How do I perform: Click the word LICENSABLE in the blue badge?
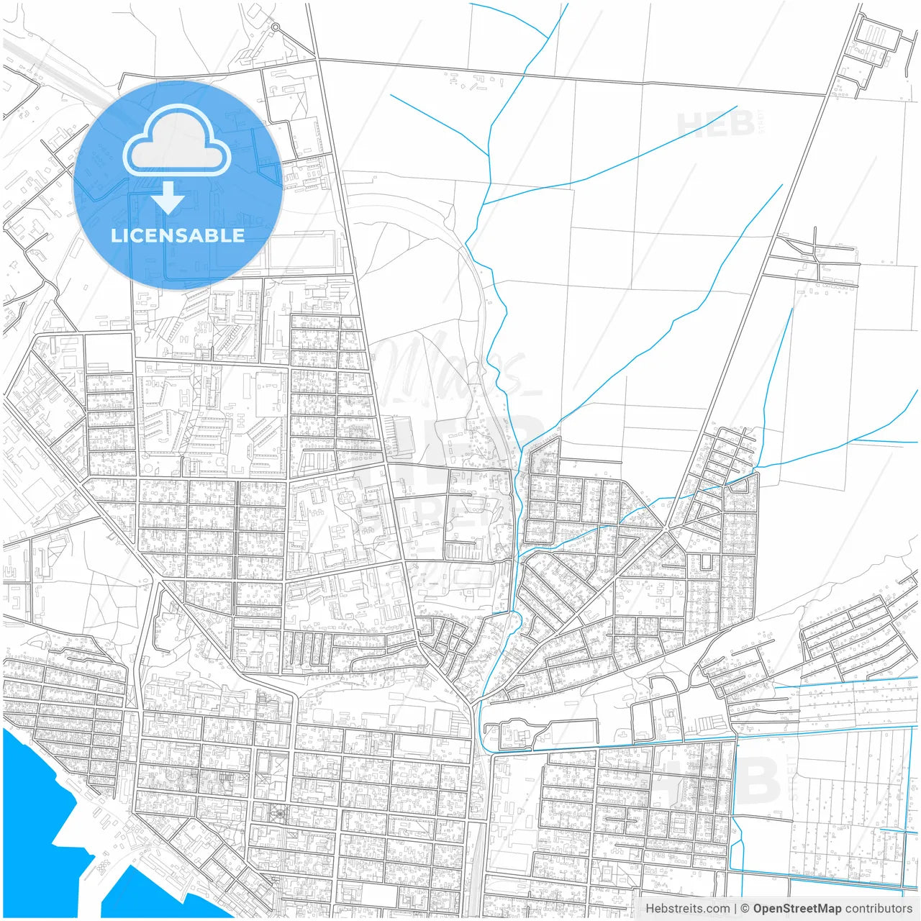(x=178, y=235)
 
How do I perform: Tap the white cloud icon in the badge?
(x=177, y=141)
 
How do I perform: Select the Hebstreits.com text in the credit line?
(x=687, y=909)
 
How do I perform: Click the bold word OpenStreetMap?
(x=797, y=909)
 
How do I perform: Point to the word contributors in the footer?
(x=879, y=909)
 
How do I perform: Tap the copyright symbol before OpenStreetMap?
(x=745, y=909)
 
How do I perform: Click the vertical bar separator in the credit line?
(x=735, y=909)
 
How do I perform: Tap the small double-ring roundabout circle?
(x=275, y=27)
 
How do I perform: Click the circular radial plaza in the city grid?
(x=278, y=814)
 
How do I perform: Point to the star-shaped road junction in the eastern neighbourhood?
(x=666, y=530)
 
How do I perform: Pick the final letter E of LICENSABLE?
(x=238, y=235)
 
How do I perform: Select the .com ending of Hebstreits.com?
(x=717, y=909)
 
